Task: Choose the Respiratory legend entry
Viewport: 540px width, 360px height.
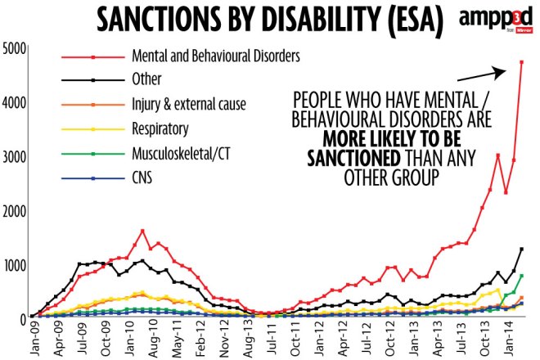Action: (x=160, y=128)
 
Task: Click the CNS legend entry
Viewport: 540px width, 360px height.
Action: (x=144, y=177)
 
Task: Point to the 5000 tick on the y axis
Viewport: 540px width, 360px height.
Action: (x=15, y=48)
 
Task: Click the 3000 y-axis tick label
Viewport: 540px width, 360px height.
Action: (x=15, y=156)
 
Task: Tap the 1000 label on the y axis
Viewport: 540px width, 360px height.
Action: (x=15, y=265)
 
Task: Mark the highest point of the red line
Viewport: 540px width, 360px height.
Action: (x=522, y=62)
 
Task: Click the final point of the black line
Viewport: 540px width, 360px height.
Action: (x=522, y=249)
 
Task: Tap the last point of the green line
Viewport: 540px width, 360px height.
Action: (x=522, y=276)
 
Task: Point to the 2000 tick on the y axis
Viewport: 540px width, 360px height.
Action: (x=15, y=211)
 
